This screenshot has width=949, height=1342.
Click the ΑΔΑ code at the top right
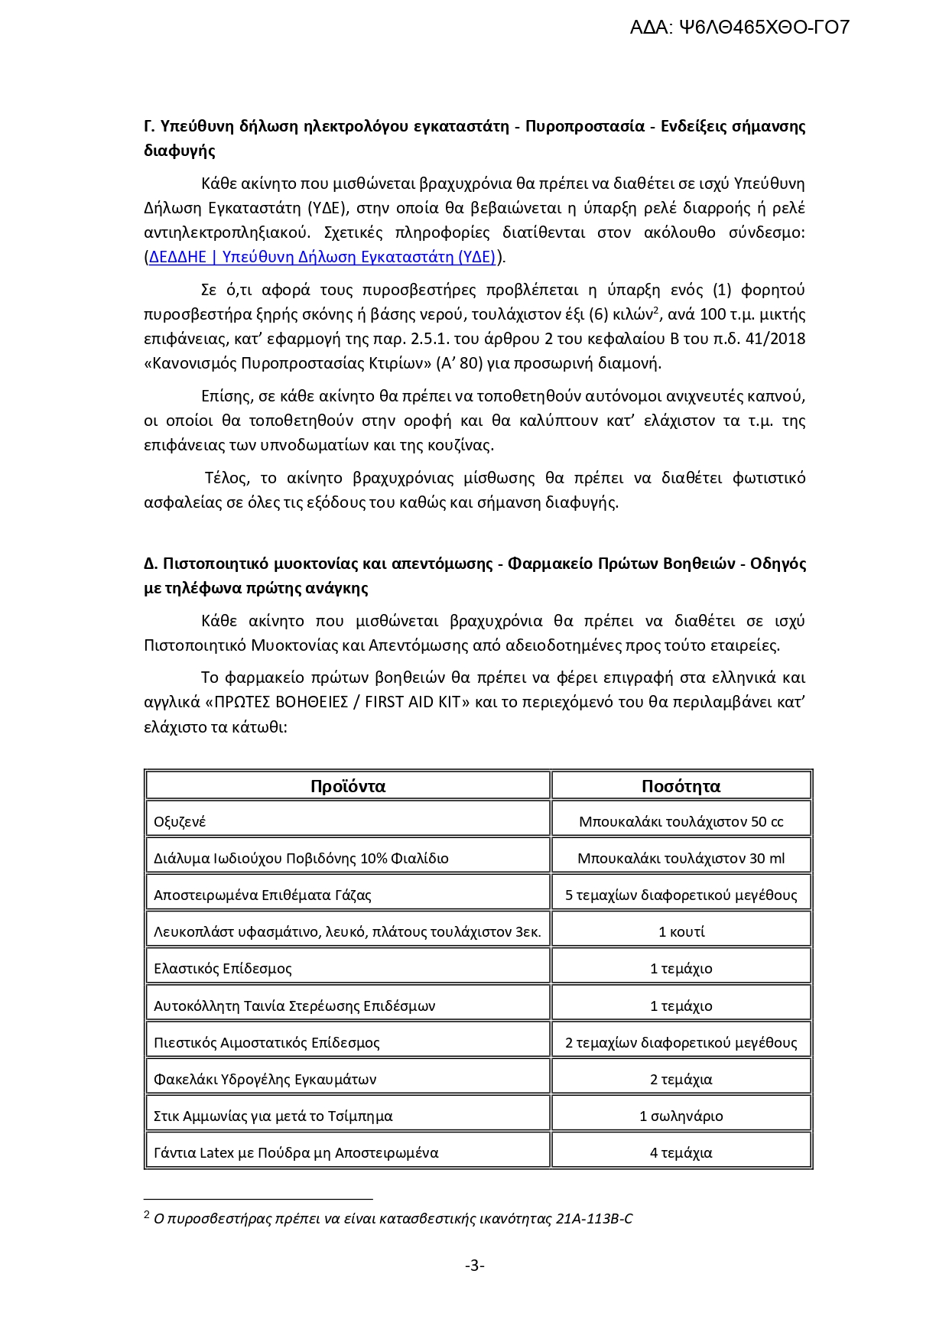tap(739, 28)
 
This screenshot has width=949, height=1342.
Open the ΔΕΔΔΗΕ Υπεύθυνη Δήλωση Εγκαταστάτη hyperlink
tap(322, 257)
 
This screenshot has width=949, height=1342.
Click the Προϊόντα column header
tap(348, 786)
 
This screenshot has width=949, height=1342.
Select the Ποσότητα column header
tap(681, 786)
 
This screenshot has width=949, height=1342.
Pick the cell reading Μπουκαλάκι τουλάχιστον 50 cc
tap(681, 822)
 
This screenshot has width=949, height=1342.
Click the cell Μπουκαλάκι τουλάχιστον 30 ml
tap(681, 859)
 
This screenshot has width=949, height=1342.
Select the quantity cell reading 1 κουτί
tap(681, 932)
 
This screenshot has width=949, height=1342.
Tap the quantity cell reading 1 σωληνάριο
tap(681, 1116)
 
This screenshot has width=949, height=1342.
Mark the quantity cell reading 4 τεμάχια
tap(681, 1153)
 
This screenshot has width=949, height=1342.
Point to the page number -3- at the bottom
tap(474, 1266)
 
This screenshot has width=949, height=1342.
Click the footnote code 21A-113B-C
tap(594, 1219)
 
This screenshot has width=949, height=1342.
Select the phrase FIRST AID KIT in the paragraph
tap(418, 703)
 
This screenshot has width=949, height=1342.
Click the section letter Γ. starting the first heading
tap(150, 126)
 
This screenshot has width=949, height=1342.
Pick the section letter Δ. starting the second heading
tap(151, 564)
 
